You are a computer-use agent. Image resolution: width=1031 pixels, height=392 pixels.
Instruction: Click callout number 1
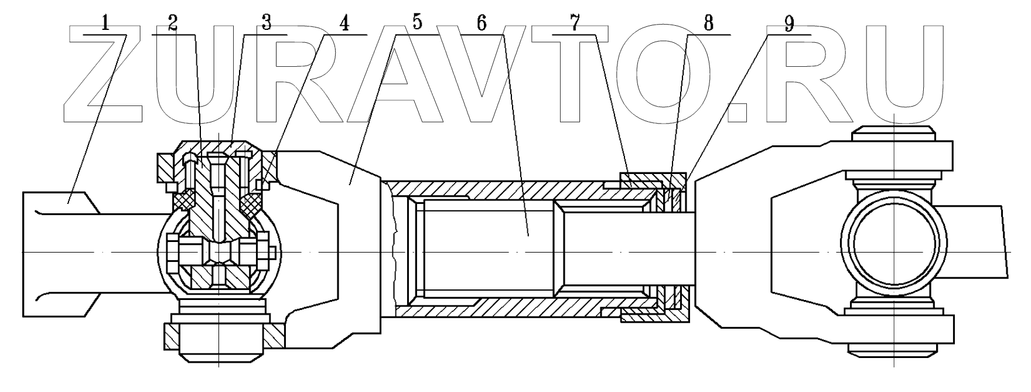105,23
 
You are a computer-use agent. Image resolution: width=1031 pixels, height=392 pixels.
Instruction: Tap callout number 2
172,23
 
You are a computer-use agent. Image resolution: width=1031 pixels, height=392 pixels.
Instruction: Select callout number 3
266,23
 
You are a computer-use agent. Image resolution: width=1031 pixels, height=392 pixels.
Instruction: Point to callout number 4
344,23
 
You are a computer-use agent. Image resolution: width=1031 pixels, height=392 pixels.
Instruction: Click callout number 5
417,23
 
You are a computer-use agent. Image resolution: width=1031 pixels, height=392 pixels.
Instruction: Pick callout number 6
481,23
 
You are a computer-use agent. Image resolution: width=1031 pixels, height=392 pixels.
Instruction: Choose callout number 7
574,23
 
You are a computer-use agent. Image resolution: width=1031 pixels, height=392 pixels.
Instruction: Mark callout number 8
709,23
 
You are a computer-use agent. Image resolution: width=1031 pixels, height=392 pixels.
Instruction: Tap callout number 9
789,23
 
